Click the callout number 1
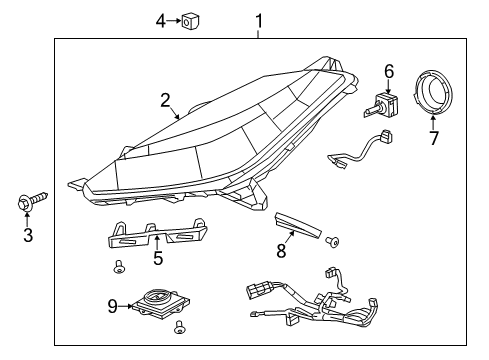pyautogui.click(x=259, y=19)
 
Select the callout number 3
pyautogui.click(x=28, y=236)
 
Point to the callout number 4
pyautogui.click(x=160, y=19)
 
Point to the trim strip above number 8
pyautogui.click(x=300, y=226)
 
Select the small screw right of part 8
pyautogui.click(x=334, y=240)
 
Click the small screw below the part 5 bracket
pyautogui.click(x=119, y=267)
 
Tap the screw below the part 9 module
pyautogui.click(x=181, y=327)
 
